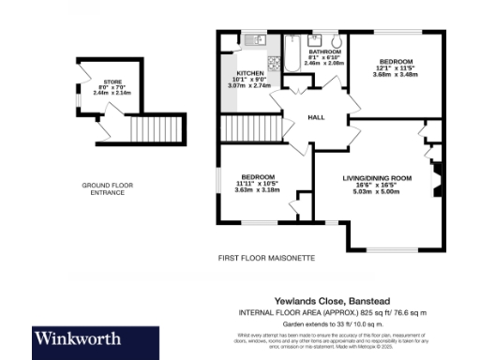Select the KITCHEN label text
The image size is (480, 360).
(x=248, y=72)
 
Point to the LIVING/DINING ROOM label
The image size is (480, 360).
(x=376, y=177)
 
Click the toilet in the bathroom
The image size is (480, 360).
(x=335, y=42)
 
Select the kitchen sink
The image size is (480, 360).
(x=252, y=41)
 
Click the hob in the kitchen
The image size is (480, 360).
(x=273, y=62)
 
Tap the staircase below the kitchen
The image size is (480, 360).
(x=251, y=127)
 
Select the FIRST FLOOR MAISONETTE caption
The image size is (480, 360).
(x=265, y=257)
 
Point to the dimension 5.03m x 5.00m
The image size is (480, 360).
(x=376, y=192)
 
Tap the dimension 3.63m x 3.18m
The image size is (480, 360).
(x=256, y=190)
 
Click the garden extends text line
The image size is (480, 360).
(x=357, y=322)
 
